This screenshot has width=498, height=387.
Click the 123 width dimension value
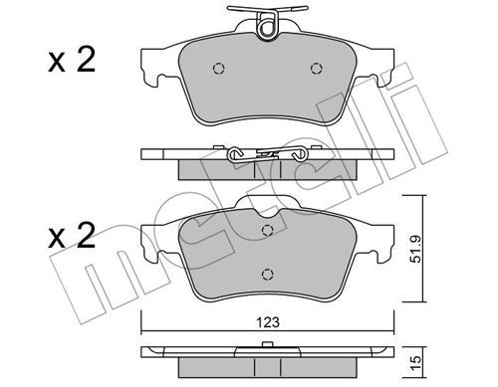coord(268,322)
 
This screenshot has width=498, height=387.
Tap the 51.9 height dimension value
coord(415,249)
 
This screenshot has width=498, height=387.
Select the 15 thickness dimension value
coord(415,360)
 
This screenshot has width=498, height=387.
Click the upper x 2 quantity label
coord(72,60)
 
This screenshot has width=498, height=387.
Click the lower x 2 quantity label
coord(72,235)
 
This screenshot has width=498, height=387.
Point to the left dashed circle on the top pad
coord(218,69)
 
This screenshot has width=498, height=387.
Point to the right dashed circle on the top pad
coord(317,69)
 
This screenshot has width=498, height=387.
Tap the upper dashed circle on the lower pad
coord(267,230)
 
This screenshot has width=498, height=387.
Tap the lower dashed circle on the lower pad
coord(267,274)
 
